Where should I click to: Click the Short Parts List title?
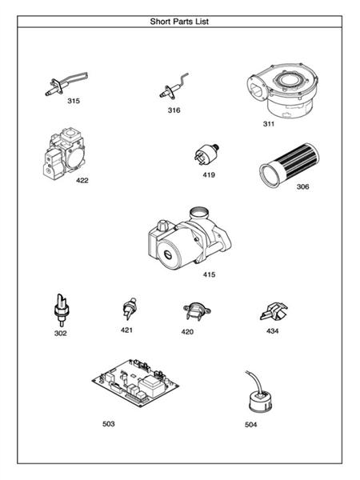click(x=180, y=22)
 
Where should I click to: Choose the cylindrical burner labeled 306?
click(x=282, y=162)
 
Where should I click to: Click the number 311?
click(x=269, y=125)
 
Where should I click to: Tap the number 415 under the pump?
click(x=209, y=274)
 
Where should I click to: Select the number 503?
click(x=109, y=423)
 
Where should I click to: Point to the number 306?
click(x=302, y=186)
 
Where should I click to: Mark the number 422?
click(x=82, y=180)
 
